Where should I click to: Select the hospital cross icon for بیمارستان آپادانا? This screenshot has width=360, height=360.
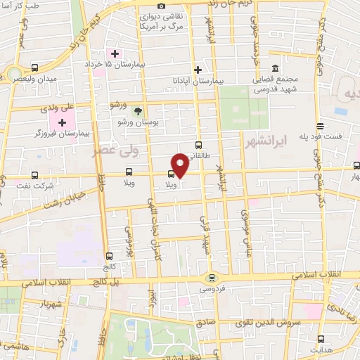[x=198, y=70]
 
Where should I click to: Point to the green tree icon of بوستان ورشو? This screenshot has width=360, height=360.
[x=139, y=111]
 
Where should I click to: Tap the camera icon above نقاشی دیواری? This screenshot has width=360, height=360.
[x=162, y=6]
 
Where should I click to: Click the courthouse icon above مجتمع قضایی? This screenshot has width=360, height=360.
[x=274, y=69]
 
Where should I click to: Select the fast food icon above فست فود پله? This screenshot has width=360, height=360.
[x=320, y=127]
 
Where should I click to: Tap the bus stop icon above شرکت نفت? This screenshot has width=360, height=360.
[x=35, y=174]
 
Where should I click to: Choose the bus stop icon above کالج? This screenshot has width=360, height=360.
[x=108, y=256]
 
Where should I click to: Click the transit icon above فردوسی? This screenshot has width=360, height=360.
[x=212, y=278]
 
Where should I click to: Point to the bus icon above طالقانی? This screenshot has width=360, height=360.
[x=198, y=146]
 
